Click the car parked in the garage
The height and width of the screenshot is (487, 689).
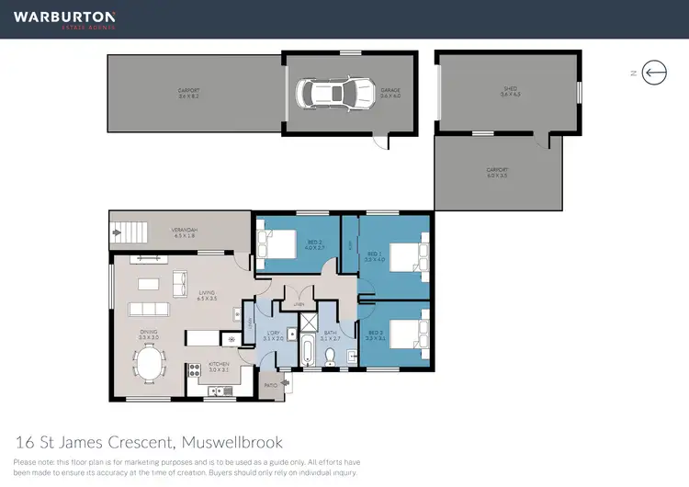coord(328,93)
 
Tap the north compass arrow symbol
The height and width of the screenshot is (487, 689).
coord(654,72)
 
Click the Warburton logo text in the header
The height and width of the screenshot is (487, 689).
coord(63,17)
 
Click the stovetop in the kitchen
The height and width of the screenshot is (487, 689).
coord(194,370)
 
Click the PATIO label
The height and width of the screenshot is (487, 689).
coord(271,386)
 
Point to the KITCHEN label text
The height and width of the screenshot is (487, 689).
coord(218,364)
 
